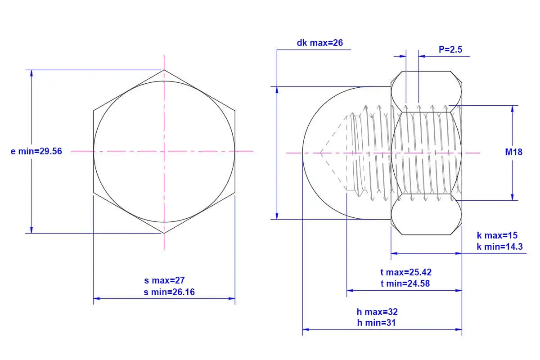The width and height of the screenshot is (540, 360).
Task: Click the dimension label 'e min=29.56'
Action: (x=36, y=151)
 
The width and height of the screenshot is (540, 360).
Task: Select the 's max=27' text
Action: (x=164, y=280)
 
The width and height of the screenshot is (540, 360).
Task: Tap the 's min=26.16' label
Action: (x=169, y=292)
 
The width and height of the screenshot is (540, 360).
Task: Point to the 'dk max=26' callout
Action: (x=319, y=43)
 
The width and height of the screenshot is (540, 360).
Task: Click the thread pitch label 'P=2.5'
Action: (x=450, y=49)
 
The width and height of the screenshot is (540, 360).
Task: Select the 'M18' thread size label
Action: (x=513, y=152)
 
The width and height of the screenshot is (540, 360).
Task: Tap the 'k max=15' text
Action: (x=497, y=235)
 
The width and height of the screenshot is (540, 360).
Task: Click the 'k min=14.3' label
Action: (x=500, y=247)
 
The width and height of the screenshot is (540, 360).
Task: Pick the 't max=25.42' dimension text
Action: (x=406, y=272)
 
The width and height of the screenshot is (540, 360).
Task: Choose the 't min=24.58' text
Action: (x=405, y=283)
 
